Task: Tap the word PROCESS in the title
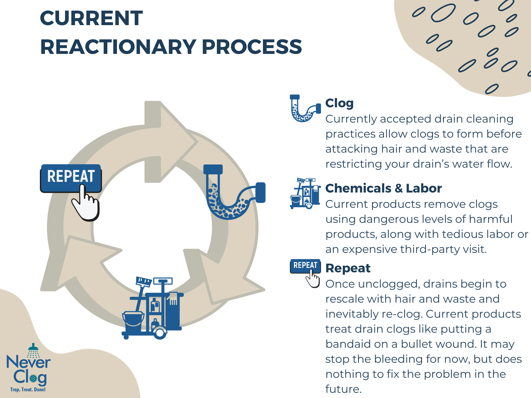[x=252, y=47]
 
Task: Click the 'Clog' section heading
[x=339, y=103]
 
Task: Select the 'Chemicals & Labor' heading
[x=383, y=188]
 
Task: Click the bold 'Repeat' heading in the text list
[x=348, y=268]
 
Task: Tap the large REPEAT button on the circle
[x=71, y=176]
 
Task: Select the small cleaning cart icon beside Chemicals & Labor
[x=305, y=193]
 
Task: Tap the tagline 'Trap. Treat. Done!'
[x=28, y=389]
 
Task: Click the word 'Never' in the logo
[x=29, y=362]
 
